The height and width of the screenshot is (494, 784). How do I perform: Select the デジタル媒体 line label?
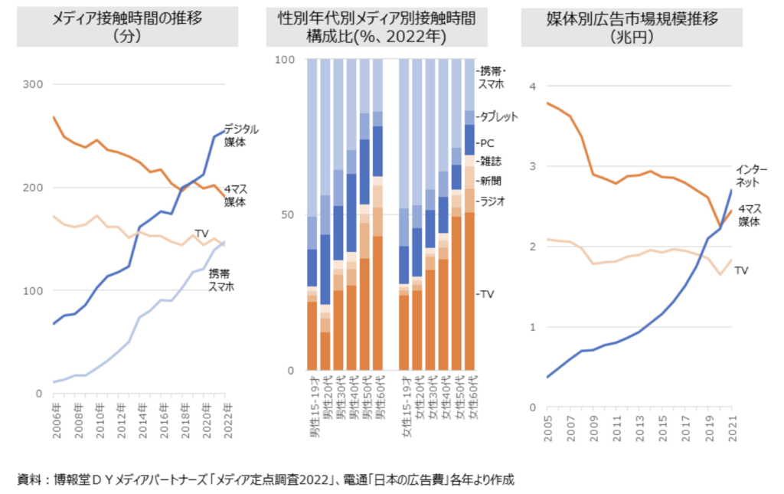pos(241,135)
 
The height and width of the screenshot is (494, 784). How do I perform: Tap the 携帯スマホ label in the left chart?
pos(222,280)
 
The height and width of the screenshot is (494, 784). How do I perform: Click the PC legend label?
pos(486,142)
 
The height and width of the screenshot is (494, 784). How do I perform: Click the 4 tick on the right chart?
pos(533,86)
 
